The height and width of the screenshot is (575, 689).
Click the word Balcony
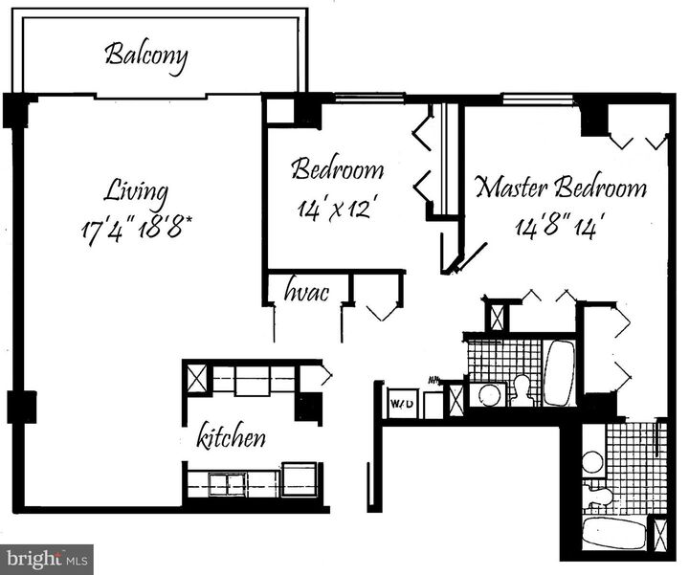pos(145,54)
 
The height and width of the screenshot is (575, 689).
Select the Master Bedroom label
pos(561,187)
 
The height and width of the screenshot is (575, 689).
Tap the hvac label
pos(306,291)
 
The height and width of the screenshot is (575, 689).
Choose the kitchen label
pos(231,439)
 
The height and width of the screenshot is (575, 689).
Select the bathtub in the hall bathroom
pos(559,372)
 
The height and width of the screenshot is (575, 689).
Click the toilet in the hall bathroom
pos(522,388)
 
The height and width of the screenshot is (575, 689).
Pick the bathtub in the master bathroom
pos(613,532)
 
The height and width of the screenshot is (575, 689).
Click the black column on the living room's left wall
pos(20,407)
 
